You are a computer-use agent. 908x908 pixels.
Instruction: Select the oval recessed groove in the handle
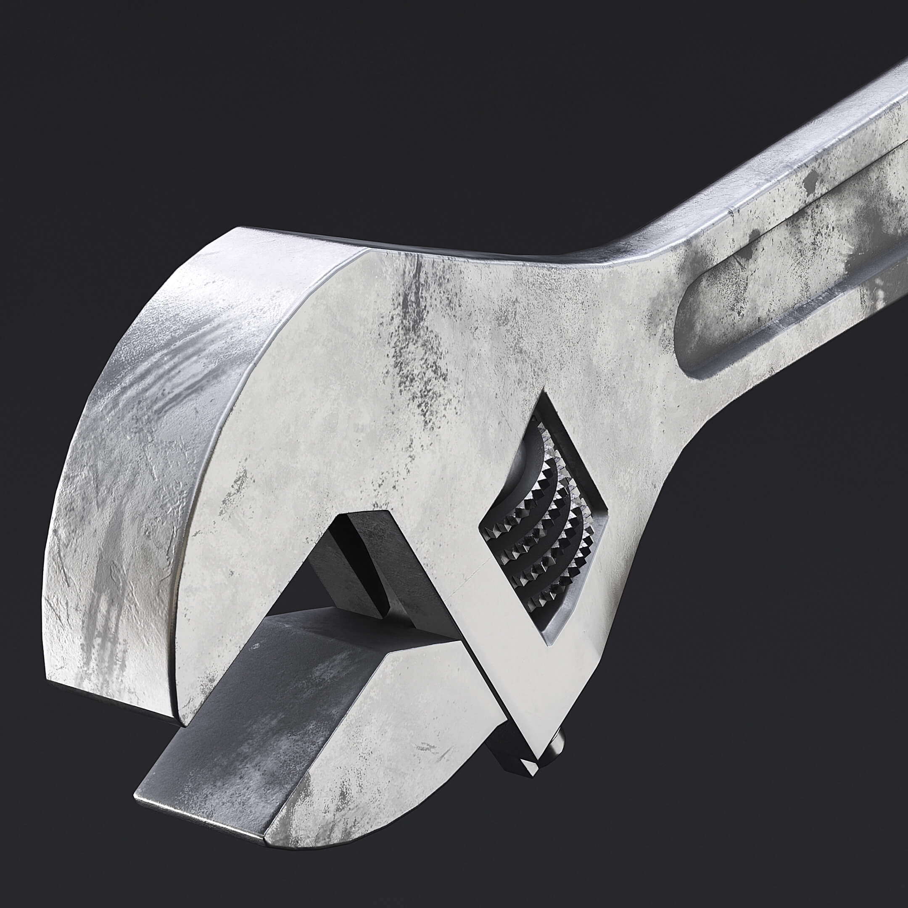tap(771, 310)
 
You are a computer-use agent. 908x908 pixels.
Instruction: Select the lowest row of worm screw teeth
tap(541, 597)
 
